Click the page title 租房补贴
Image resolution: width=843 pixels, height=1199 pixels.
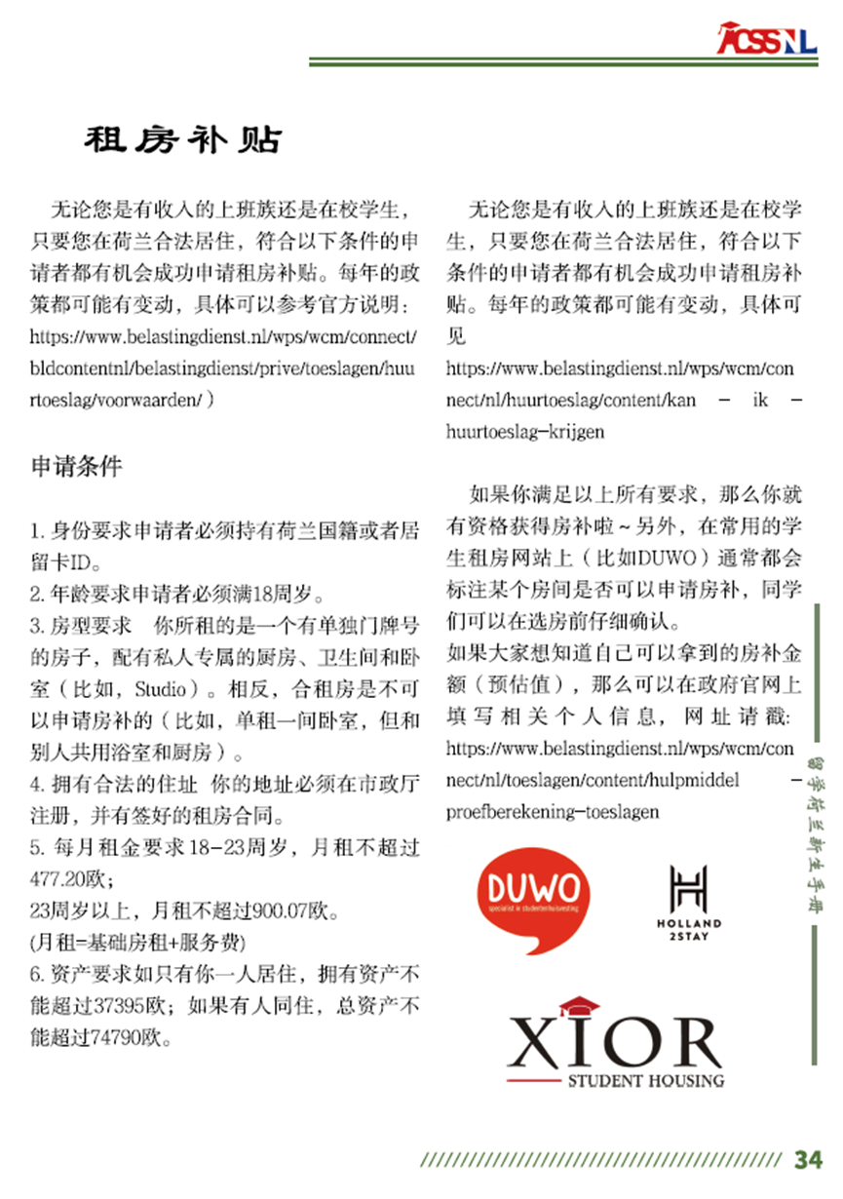click(x=182, y=140)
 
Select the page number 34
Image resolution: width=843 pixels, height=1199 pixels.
click(x=808, y=1160)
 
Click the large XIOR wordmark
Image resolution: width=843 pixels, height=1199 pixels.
click(x=616, y=1040)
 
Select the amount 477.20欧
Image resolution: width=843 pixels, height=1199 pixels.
click(x=65, y=878)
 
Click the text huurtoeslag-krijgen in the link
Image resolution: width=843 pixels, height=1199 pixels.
click(x=524, y=431)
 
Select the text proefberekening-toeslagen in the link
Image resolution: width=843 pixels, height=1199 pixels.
click(x=552, y=811)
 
